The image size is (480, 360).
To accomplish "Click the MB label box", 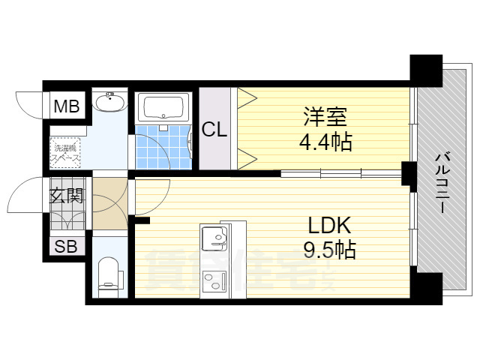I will pos(65,107).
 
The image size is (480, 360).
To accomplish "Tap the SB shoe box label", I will pos(65,247).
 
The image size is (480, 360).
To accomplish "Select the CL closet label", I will pos(214,130).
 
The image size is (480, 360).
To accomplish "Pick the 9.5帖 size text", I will pos(330,250).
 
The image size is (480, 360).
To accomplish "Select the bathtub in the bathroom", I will pos(163,107).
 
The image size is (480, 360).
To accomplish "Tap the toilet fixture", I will pos(109,274).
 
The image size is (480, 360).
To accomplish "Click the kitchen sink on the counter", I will pos(217,240).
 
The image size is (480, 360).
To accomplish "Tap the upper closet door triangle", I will pos(247,97).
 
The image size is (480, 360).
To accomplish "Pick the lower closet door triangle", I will pos(247,157).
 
